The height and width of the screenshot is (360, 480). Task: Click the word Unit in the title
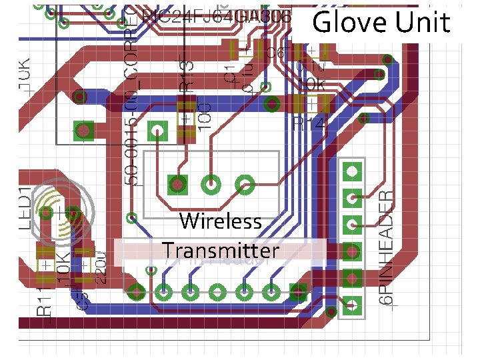[423, 23]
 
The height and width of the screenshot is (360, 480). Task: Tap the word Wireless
[220, 221]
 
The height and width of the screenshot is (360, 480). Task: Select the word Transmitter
[221, 251]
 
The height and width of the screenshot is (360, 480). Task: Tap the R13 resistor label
[189, 75]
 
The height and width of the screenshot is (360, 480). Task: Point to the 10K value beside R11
[63, 267]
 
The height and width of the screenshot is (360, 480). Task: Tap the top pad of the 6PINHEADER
[351, 171]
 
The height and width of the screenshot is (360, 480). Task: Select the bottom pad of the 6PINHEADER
[351, 307]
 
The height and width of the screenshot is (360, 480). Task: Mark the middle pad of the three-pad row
[211, 183]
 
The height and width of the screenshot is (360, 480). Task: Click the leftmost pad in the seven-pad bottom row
[137, 291]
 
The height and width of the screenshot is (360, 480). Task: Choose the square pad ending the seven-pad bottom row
[297, 291]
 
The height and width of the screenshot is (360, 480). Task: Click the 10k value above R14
[311, 85]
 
